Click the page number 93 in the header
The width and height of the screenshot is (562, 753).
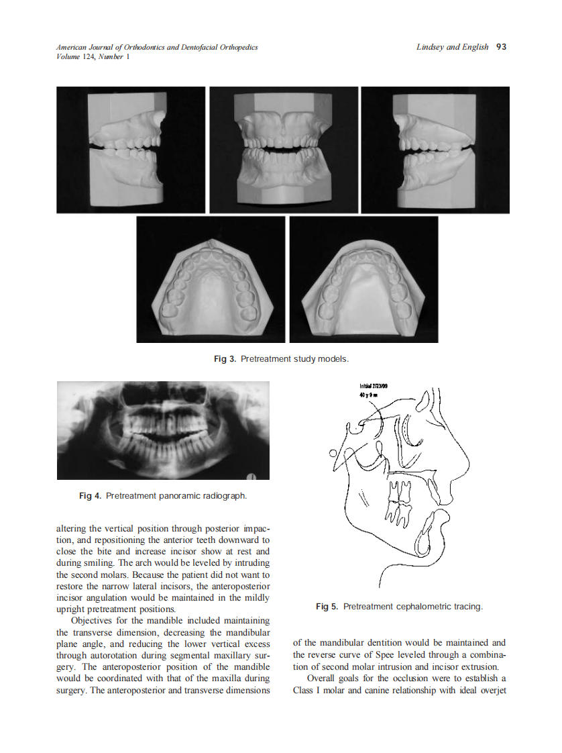click(x=500, y=47)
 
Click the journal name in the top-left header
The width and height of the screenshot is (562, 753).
click(x=157, y=47)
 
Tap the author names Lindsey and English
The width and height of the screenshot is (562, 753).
click(x=452, y=47)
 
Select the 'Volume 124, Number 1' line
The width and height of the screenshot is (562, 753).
click(x=93, y=56)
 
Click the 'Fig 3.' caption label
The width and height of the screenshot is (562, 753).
click(x=225, y=360)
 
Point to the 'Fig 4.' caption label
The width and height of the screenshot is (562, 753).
click(x=90, y=496)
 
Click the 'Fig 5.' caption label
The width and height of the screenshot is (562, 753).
click(x=327, y=607)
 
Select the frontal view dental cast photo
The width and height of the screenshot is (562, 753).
click(x=284, y=150)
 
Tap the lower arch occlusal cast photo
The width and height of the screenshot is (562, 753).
click(x=363, y=279)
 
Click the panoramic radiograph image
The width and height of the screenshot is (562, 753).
click(x=163, y=430)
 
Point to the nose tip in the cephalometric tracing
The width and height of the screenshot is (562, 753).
click(x=466, y=463)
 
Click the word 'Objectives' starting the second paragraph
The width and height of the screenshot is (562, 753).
click(x=93, y=621)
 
